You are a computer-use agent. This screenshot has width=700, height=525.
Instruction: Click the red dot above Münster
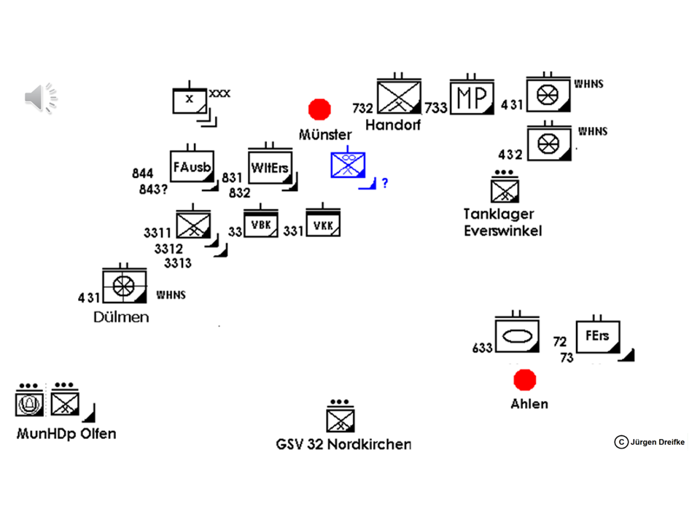click(319, 109)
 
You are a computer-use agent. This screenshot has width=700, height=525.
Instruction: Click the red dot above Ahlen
click(524, 380)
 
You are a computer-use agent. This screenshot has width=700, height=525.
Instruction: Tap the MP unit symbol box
click(472, 97)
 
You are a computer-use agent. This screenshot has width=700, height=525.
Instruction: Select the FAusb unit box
click(190, 168)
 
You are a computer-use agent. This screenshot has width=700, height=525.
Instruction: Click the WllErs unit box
click(270, 168)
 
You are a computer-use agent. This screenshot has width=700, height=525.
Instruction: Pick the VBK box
click(261, 224)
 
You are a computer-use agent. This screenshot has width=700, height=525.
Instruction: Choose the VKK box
click(323, 225)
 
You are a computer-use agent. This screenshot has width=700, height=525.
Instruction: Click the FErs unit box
click(597, 338)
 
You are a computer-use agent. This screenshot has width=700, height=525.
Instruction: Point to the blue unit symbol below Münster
click(348, 165)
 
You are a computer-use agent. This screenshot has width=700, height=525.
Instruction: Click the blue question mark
click(385, 183)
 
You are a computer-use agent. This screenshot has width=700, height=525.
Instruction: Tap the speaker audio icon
click(41, 98)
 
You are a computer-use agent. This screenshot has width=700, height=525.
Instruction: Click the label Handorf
click(393, 125)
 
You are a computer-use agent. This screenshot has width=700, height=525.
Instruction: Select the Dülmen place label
click(121, 317)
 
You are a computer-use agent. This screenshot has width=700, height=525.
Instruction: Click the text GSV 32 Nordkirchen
click(343, 444)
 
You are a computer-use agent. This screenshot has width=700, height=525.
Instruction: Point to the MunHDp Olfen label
click(66, 434)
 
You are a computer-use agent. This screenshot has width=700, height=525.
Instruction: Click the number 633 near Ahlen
click(483, 349)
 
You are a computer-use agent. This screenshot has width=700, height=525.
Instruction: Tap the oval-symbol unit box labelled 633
click(516, 337)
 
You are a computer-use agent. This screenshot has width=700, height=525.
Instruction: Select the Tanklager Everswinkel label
click(502, 222)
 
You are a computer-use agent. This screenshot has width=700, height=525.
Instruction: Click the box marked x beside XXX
click(190, 100)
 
